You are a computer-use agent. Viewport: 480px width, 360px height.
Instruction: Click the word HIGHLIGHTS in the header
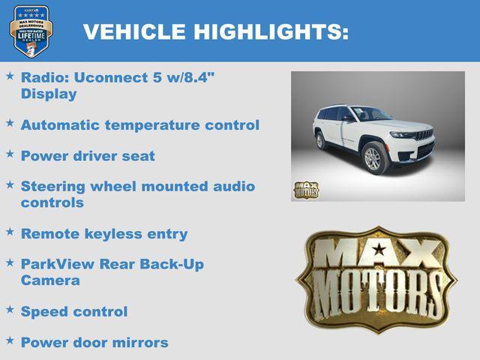tap(271, 31)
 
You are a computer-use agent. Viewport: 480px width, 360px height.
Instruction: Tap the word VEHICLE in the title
tap(134, 31)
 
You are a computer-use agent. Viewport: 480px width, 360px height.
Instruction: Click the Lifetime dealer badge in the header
tap(31, 31)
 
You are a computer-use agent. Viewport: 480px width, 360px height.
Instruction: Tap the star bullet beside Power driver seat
tap(10, 154)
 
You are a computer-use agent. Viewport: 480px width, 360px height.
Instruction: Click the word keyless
tap(112, 234)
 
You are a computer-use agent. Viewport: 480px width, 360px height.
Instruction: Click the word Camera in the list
tap(49, 280)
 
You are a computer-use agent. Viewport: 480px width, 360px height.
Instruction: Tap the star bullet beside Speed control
tap(10, 309)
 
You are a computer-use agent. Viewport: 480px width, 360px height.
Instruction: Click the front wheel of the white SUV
tap(373, 158)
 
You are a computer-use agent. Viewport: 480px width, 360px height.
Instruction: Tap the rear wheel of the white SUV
tap(321, 140)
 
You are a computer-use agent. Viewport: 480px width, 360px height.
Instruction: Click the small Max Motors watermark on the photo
tap(305, 190)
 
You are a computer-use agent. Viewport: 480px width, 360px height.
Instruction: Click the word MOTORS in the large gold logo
tap(376, 291)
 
